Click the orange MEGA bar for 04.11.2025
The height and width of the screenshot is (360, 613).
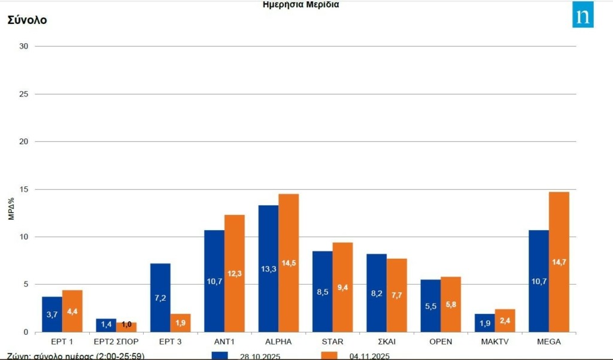(559, 262)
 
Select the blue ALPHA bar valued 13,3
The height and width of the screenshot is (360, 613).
(268, 268)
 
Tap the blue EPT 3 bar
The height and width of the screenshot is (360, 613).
(160, 298)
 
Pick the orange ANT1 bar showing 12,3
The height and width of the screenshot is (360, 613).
(235, 273)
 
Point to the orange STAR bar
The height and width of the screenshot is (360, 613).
(343, 287)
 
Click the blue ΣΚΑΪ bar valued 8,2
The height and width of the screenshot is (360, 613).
(377, 293)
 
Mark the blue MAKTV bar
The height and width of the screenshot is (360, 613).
(485, 323)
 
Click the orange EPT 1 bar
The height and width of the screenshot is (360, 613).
(72, 311)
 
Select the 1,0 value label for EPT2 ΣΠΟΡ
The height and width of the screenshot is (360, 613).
(126, 324)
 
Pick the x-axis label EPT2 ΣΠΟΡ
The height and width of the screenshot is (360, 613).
(116, 342)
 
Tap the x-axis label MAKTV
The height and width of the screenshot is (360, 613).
(494, 342)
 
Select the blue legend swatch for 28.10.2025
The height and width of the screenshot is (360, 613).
(220, 355)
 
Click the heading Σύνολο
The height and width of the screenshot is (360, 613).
(27, 20)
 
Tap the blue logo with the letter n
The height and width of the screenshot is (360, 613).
(582, 16)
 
